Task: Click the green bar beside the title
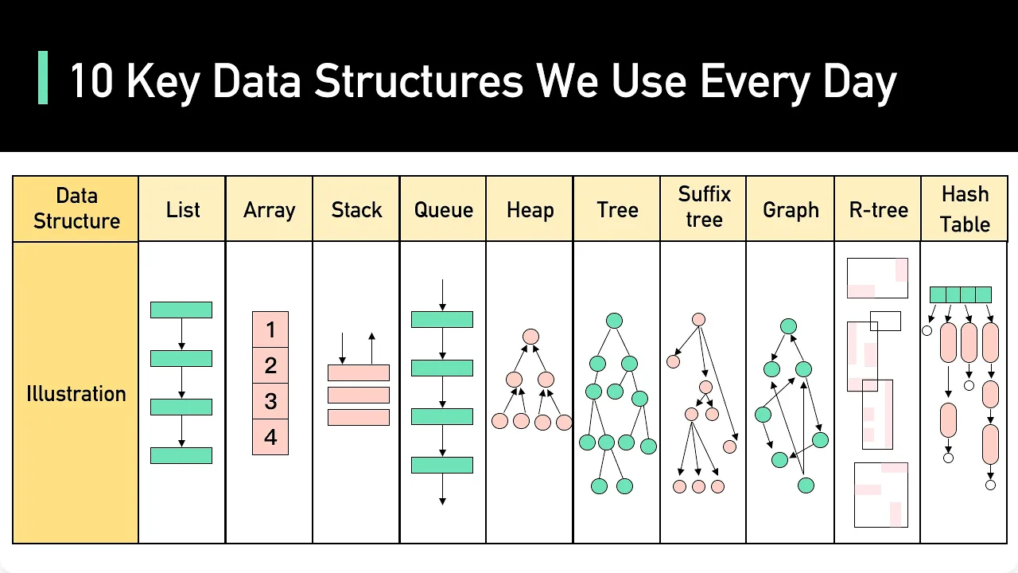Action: tap(43, 78)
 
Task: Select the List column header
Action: tap(182, 209)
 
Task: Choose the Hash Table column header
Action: tap(965, 209)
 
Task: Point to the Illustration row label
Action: tap(76, 393)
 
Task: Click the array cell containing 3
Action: tap(270, 401)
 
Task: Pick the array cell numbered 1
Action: tap(270, 329)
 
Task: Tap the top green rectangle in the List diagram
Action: tap(181, 310)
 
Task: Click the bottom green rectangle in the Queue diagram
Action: tap(442, 465)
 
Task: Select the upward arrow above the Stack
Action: tap(371, 349)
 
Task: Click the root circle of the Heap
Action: tap(530, 337)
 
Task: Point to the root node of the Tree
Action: tap(614, 321)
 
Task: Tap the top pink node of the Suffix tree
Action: tap(698, 319)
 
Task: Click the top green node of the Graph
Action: tap(788, 326)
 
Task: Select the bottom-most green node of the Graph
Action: tap(806, 485)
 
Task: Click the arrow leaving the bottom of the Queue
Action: tap(442, 489)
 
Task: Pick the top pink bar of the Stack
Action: tap(359, 372)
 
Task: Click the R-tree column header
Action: tap(878, 209)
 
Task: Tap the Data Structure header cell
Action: tap(76, 209)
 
